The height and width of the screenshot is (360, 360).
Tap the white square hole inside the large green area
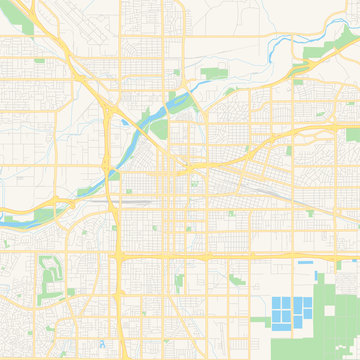pos(331,311)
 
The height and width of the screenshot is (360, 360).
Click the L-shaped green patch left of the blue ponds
pos(238,281)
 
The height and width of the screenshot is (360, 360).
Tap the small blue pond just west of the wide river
pos(123,123)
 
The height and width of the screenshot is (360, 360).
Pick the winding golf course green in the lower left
pos(49,275)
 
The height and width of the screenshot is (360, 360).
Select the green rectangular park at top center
pos(213,73)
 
